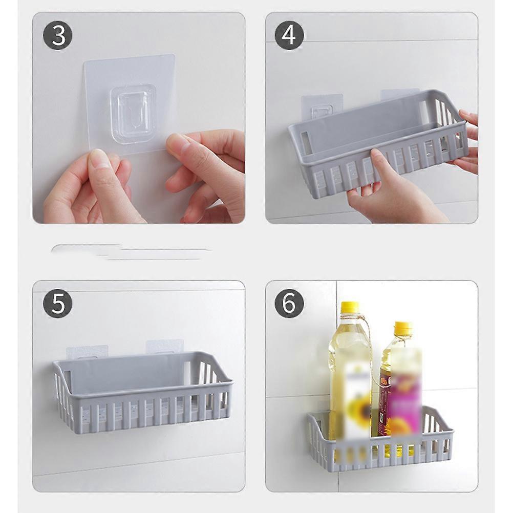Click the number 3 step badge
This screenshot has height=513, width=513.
(x=57, y=35)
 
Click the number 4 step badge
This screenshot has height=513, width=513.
(x=289, y=35)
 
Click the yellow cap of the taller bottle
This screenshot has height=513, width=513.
(x=350, y=308)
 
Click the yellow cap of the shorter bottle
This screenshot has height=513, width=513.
(x=403, y=327)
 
